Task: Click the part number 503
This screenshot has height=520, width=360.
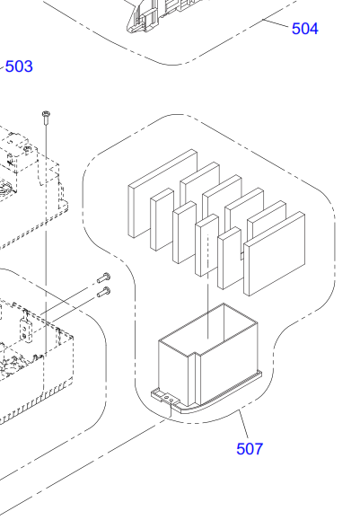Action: [x=19, y=66]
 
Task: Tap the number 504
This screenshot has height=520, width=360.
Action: [x=304, y=29]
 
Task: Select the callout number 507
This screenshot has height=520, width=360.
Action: [x=250, y=449]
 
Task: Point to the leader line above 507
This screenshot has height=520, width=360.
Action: [x=243, y=425]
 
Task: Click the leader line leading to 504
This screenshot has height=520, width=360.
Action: [x=275, y=23]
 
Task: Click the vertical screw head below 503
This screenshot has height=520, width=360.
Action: [x=47, y=115]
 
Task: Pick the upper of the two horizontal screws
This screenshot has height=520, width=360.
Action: [x=104, y=278]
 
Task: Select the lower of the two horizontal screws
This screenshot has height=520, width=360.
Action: [x=104, y=292]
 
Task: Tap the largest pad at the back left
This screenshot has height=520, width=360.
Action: [x=162, y=194]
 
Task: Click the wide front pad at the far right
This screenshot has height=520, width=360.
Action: [x=275, y=253]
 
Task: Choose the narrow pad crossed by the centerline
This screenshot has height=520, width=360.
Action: [x=206, y=245]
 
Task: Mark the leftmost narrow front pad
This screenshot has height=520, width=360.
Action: [x=162, y=219]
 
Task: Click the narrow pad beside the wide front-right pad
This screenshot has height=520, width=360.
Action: [x=230, y=258]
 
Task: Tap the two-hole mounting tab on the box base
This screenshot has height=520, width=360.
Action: [x=166, y=397]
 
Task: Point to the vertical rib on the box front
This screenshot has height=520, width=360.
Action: [x=195, y=380]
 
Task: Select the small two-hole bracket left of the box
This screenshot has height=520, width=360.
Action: [x=26, y=330]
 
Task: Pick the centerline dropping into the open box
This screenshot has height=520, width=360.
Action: [x=208, y=286]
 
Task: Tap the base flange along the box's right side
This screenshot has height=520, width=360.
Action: [x=229, y=391]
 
